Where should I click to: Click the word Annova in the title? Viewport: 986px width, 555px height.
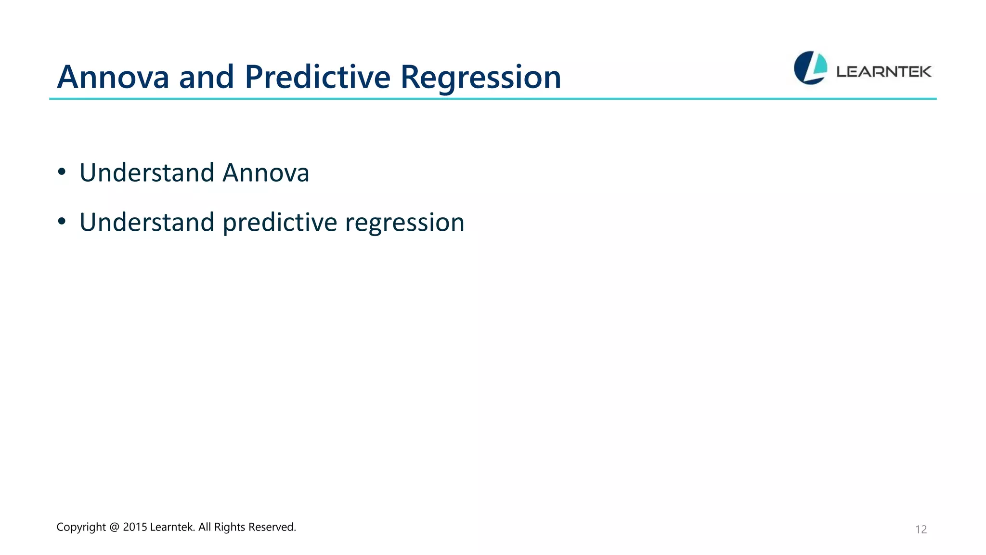113,77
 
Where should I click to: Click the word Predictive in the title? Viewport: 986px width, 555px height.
317,77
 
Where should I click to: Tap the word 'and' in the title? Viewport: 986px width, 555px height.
207,77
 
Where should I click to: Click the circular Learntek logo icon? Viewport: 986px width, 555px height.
810,68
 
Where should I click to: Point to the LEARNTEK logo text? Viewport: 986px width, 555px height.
883,72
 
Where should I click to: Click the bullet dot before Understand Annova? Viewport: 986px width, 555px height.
62,172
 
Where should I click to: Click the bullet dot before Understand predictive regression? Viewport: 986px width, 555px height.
62,222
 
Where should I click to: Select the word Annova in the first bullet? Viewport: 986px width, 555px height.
266,172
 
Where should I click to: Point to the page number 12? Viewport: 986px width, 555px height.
921,529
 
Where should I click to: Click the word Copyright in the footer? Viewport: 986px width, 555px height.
81,527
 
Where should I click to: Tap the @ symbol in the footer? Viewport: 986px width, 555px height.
114,527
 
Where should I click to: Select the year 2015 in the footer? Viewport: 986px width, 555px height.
135,527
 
